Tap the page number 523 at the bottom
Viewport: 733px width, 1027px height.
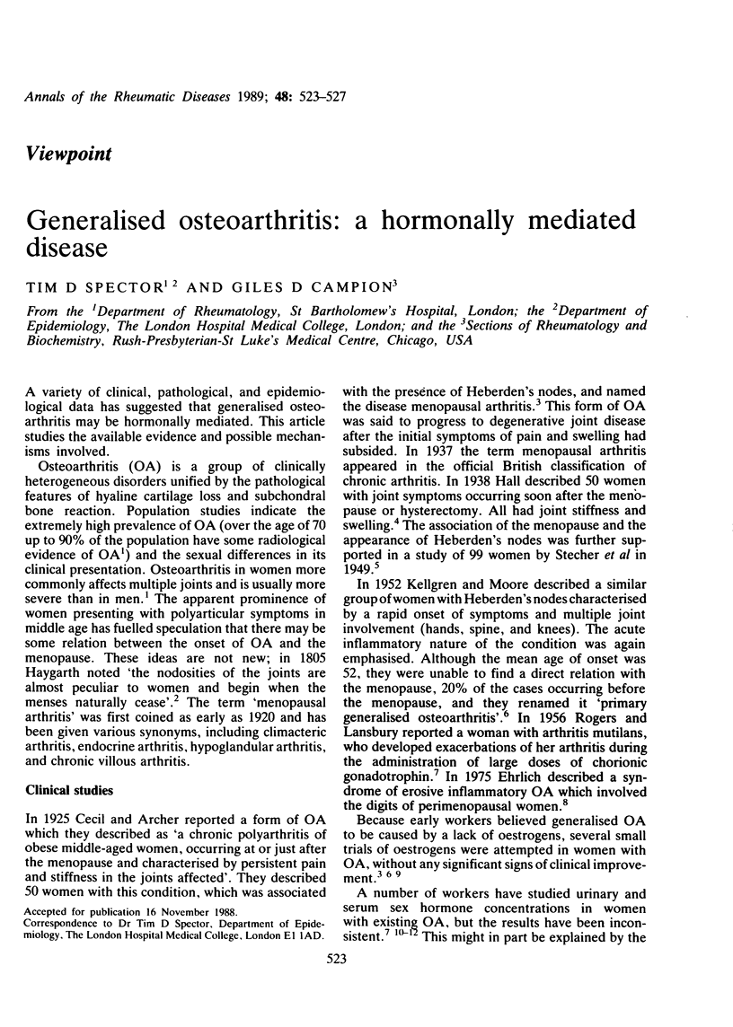(x=366, y=1009)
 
